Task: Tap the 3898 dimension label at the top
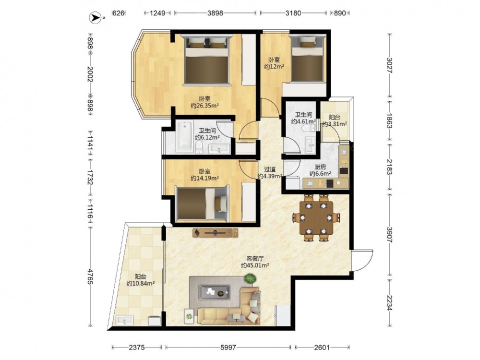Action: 215,13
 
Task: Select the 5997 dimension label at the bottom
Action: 228,347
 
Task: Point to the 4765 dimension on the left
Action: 90,276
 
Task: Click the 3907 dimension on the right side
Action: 389,235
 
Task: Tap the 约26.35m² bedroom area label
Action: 204,106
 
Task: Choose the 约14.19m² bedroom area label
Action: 204,178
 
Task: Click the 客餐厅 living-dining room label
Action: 255,258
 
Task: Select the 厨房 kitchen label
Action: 320,167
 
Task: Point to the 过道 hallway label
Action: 270,169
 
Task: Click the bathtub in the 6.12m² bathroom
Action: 184,136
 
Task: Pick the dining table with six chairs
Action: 316,217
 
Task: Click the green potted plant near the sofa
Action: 250,278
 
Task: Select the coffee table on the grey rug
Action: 214,292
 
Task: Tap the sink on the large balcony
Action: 125,320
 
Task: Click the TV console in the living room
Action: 216,233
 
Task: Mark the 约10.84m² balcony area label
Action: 141,284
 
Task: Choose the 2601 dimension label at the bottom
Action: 322,347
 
